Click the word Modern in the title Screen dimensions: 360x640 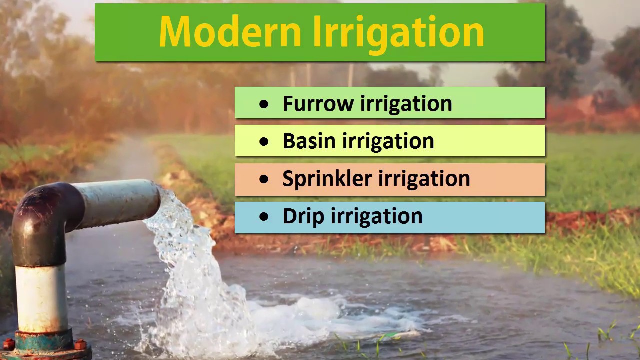(x=230, y=32)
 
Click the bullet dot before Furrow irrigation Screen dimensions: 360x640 (x=264, y=104)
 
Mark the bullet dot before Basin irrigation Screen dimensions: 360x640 (x=264, y=142)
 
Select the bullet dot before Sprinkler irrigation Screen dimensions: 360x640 (x=264, y=179)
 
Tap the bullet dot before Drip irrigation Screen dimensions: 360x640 (x=264, y=217)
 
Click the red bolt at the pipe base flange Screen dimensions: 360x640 (x=80, y=344)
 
